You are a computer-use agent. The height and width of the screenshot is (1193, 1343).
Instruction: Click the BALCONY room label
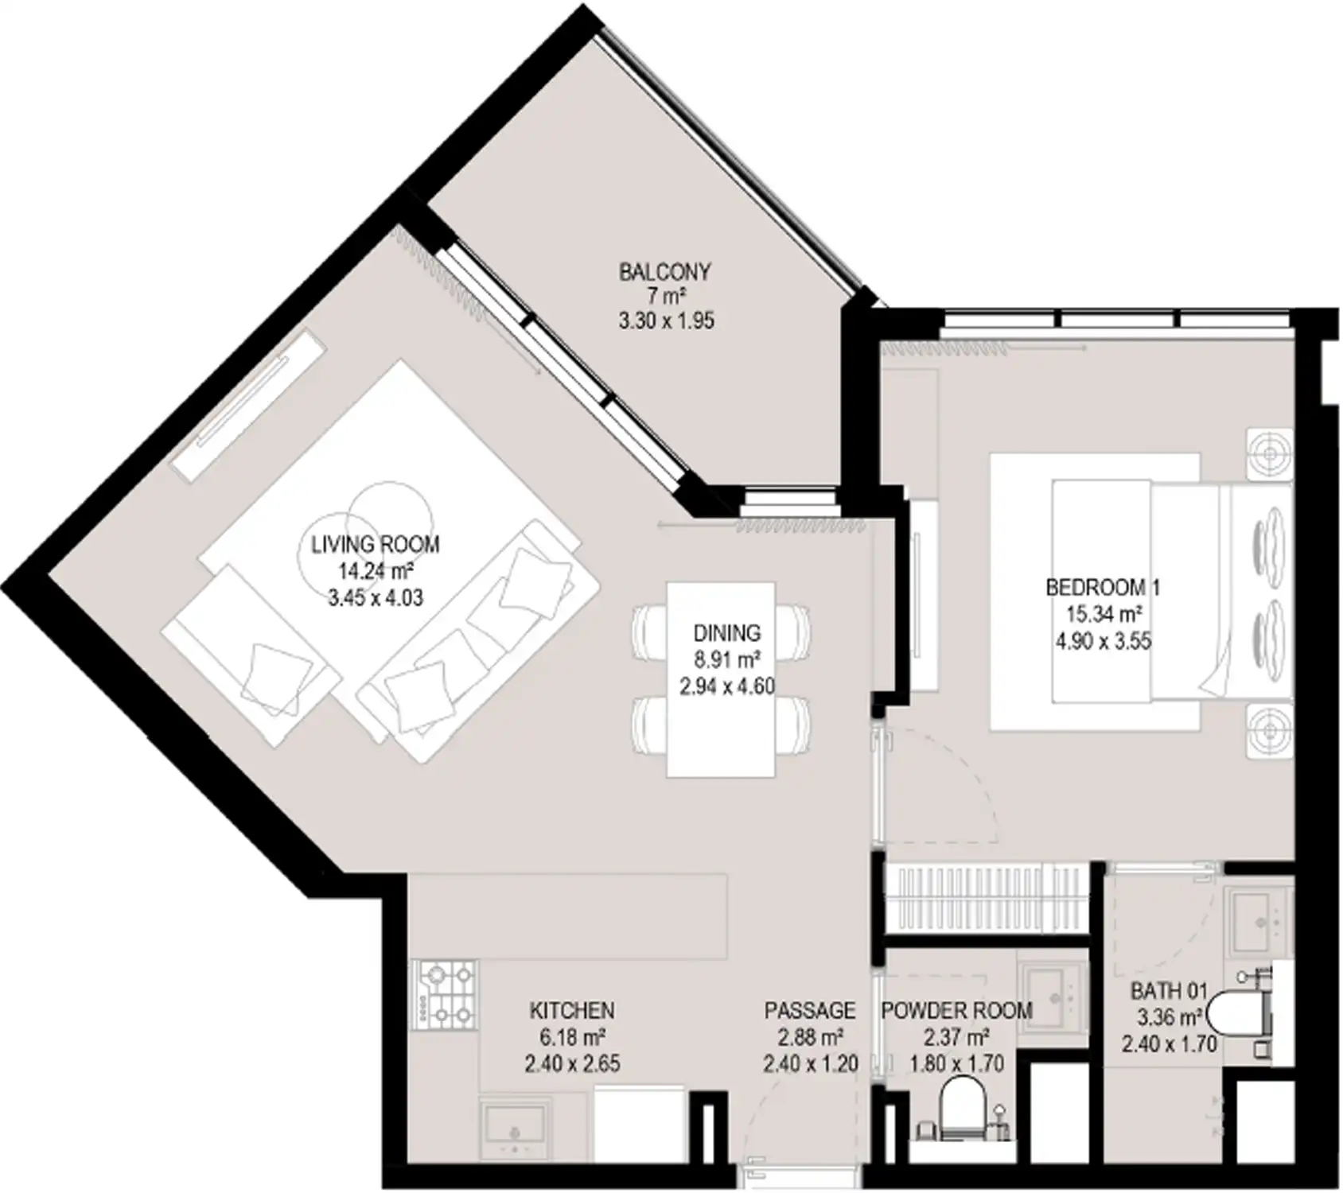pyautogui.click(x=664, y=272)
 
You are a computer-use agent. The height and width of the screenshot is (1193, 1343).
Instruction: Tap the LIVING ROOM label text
pyautogui.click(x=376, y=545)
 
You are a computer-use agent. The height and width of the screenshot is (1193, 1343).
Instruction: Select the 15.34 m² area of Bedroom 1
pyautogui.click(x=1104, y=614)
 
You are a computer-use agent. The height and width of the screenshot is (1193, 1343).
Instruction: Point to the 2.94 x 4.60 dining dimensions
pyautogui.click(x=727, y=686)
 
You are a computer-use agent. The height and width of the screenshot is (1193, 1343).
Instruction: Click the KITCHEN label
pyautogui.click(x=572, y=1011)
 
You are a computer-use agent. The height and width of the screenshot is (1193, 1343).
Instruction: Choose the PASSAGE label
pyautogui.click(x=810, y=1011)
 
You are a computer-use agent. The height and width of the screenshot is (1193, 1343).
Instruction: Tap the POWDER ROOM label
pyautogui.click(x=956, y=1011)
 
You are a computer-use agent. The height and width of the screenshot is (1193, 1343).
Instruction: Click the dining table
pyautogui.click(x=721, y=679)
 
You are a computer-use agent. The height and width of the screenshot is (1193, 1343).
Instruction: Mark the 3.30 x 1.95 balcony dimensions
pyautogui.click(x=667, y=321)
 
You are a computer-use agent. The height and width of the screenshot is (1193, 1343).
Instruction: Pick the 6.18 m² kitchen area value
pyautogui.click(x=572, y=1037)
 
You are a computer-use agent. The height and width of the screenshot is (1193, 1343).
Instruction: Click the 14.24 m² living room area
pyautogui.click(x=376, y=571)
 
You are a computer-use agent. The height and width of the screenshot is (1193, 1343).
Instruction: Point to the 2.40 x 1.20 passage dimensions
pyautogui.click(x=810, y=1063)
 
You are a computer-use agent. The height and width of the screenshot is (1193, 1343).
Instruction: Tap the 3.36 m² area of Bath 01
pyautogui.click(x=1170, y=1017)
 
